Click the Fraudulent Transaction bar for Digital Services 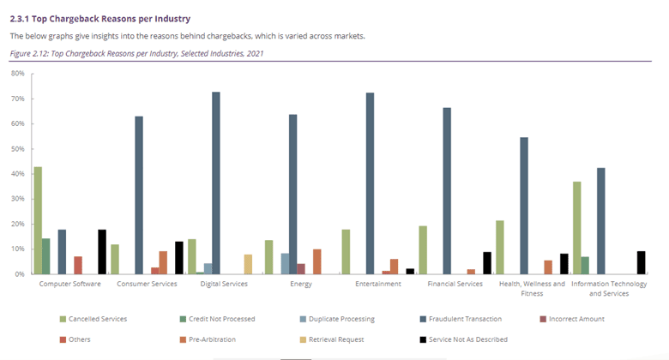coord(216,183)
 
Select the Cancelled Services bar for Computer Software coord(38,220)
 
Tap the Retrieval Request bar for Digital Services coord(248,264)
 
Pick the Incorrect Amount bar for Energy coord(301,269)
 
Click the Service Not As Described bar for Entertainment coord(410,271)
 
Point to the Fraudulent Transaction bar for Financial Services coord(447,190)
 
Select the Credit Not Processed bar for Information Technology coord(585,266)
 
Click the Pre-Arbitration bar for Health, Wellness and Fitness coord(548,267)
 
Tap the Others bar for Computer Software coord(78,265)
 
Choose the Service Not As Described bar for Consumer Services coord(179,258)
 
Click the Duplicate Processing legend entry coord(337,319)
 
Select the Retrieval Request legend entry coord(332,339)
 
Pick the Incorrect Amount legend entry coord(573,319)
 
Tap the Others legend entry coord(75,339)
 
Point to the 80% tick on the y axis coord(32,74)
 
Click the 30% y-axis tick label coord(17,199)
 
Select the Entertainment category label coord(378,284)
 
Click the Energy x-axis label coord(301,284)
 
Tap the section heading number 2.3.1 coord(19,19)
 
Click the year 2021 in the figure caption coord(255,53)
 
